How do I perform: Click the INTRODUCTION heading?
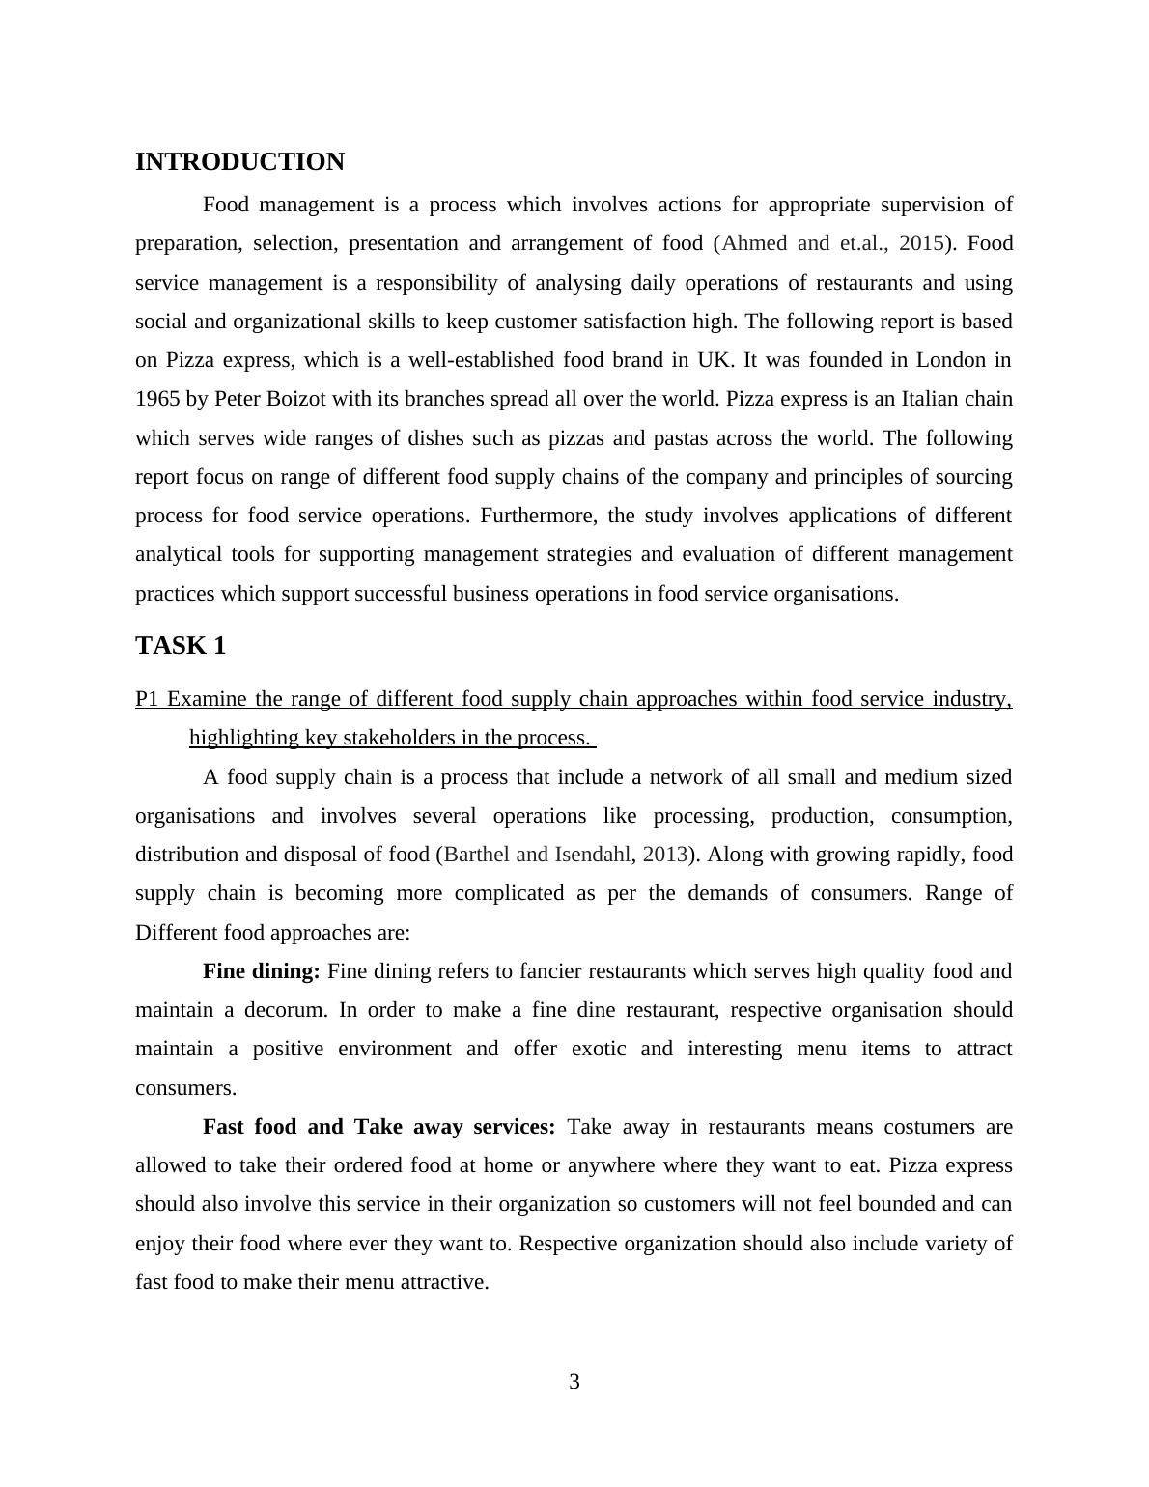pos(239,162)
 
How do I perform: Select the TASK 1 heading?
pos(181,646)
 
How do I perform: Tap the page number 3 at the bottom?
pos(574,1382)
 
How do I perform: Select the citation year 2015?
pos(920,243)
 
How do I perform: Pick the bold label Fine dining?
pos(261,971)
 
